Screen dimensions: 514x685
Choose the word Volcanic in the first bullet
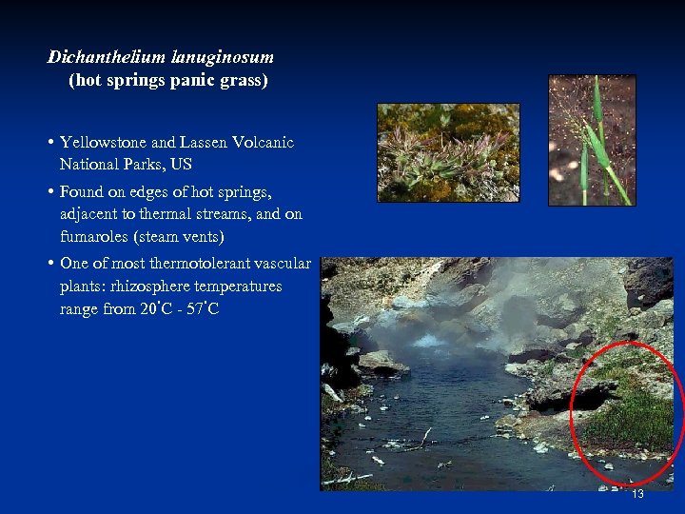point(263,143)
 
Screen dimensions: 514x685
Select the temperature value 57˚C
point(201,309)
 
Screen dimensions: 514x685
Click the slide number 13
point(637,494)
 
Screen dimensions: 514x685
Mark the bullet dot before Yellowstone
point(49,143)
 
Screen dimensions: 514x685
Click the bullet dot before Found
point(49,191)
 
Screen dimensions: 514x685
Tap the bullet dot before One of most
point(49,264)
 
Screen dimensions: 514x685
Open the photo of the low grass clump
point(448,152)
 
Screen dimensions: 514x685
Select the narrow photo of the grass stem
point(592,141)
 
